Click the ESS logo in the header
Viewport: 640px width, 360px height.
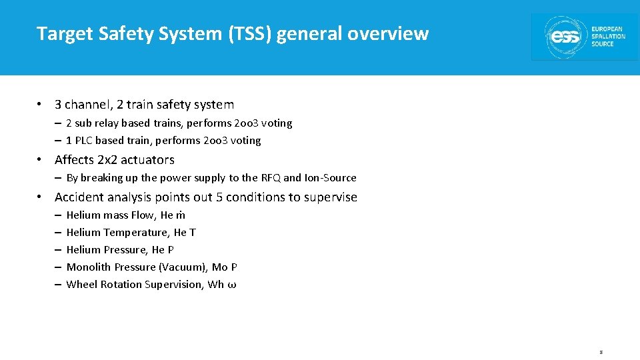click(x=584, y=37)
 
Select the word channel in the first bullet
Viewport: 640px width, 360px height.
click(x=87, y=105)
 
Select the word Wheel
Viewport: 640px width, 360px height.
click(x=82, y=285)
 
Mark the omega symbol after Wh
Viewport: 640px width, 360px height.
click(x=232, y=285)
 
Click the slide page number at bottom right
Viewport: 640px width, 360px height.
click(x=601, y=351)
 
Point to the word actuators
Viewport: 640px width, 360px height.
click(x=151, y=160)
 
